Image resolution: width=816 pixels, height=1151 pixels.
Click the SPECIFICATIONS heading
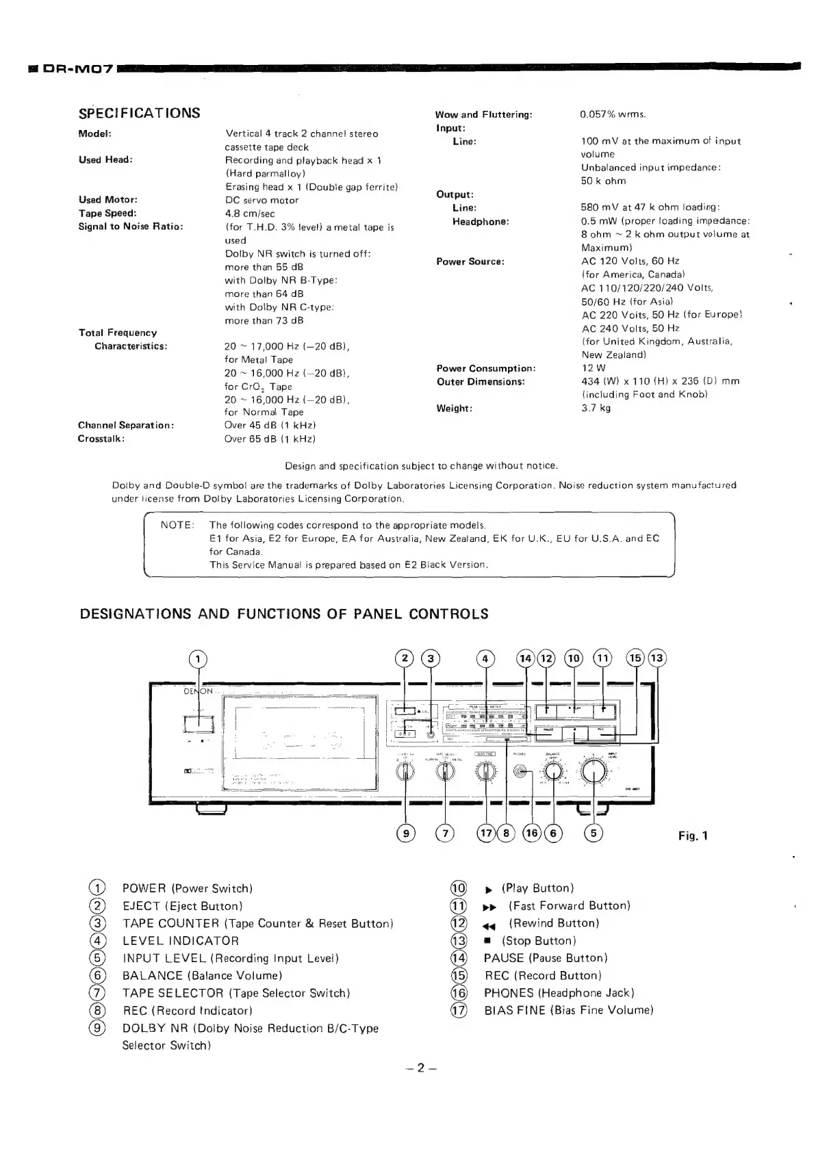[x=140, y=113]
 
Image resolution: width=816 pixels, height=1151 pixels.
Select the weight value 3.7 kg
[x=596, y=408]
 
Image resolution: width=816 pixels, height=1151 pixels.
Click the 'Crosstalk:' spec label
[x=101, y=439]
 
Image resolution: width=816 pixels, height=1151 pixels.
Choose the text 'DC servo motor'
[x=262, y=201]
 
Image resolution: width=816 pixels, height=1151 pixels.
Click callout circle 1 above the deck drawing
[x=198, y=659]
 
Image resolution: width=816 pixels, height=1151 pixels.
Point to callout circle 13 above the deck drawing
[x=657, y=658]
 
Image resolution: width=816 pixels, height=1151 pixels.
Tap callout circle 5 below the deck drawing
[x=594, y=833]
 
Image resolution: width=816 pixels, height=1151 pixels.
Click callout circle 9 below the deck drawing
[x=406, y=833]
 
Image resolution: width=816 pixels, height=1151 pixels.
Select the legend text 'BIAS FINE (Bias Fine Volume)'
[x=568, y=1010]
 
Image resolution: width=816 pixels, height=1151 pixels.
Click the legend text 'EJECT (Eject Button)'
[x=183, y=906]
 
